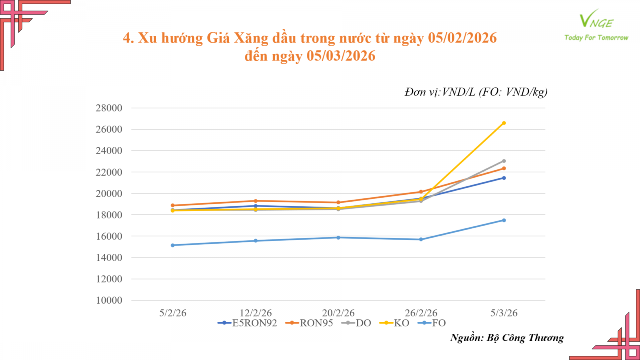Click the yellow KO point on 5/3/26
[504, 123]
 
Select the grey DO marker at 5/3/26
[504, 161]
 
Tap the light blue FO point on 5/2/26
[173, 245]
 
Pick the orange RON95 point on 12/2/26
[256, 201]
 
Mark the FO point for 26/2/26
[421, 240]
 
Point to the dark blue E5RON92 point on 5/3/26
[504, 178]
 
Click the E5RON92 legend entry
[248, 323]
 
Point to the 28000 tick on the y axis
[109, 108]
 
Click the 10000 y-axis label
[109, 300]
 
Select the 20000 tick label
[109, 194]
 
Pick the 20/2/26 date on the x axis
[338, 313]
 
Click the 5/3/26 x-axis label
[504, 313]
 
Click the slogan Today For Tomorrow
[596, 38]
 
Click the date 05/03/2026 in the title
[341, 56]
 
